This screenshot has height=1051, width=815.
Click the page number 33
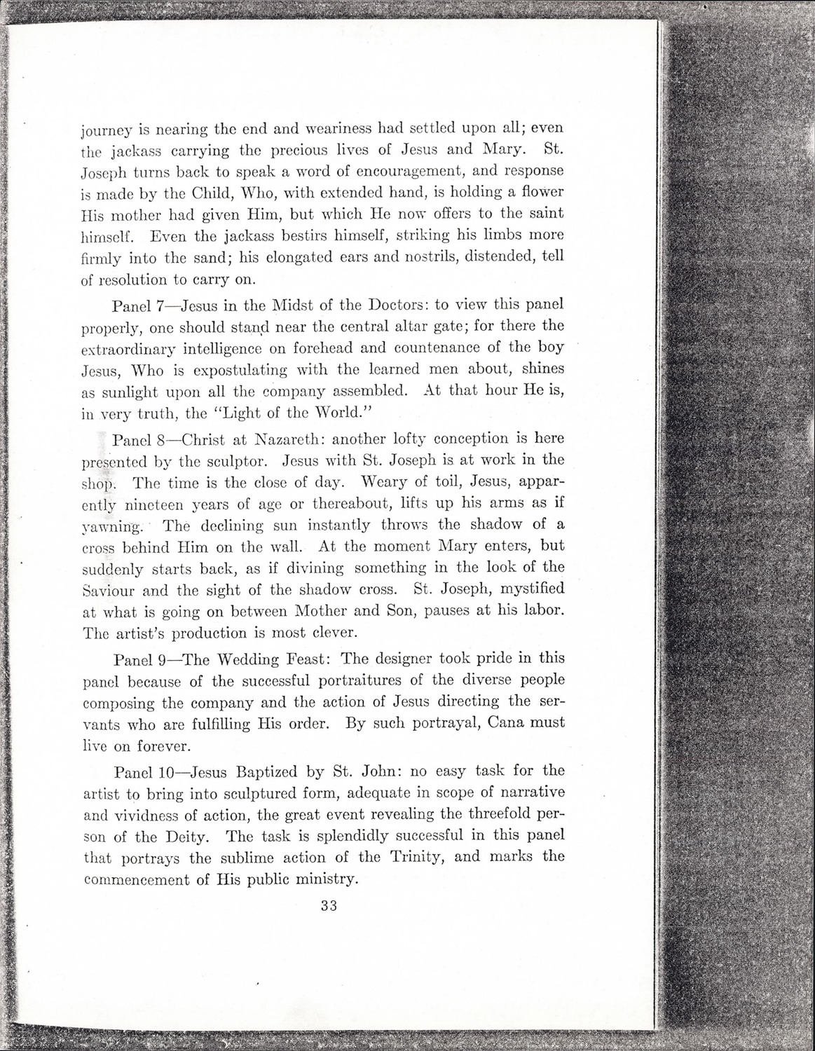329,905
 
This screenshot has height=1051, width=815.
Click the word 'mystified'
522,589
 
